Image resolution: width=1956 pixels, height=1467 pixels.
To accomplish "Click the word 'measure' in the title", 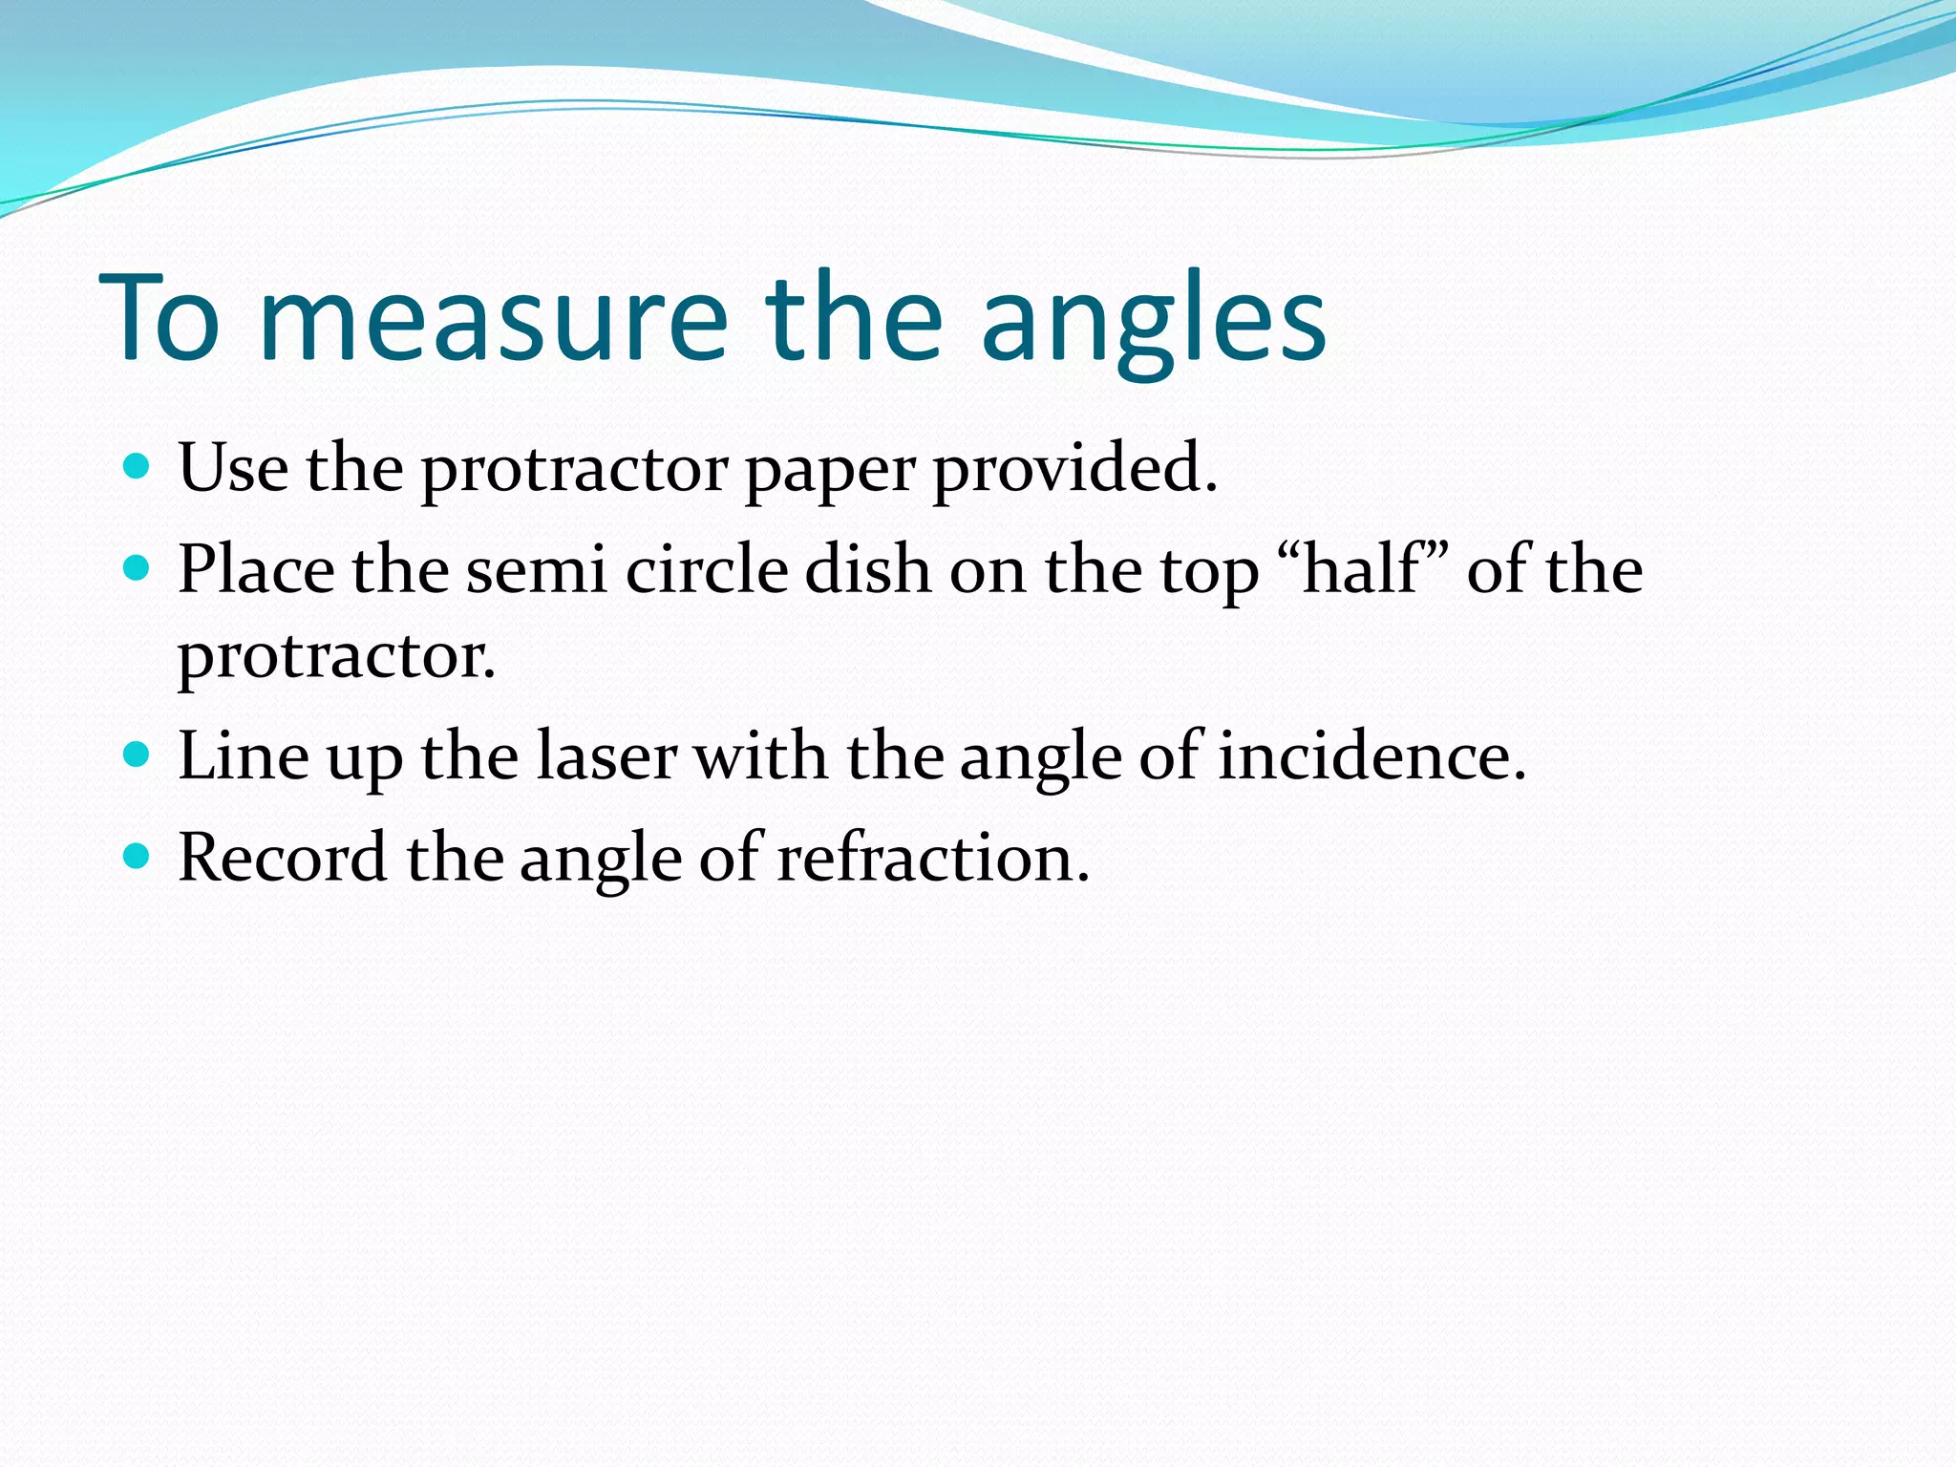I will (x=493, y=319).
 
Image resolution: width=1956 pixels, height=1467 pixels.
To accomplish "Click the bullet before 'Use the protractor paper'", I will (x=138, y=466).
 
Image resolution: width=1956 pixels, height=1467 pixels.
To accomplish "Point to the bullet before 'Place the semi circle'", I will (x=138, y=569).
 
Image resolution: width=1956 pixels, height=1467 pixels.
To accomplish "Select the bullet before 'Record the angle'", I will (x=138, y=856).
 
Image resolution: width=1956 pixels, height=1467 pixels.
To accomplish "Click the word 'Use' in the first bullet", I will (x=233, y=468).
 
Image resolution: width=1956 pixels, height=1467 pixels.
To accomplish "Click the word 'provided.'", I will (x=1075, y=468).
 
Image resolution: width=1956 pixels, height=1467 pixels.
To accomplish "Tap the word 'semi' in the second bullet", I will (x=536, y=570).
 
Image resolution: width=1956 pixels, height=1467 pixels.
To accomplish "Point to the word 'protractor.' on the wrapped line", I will (x=336, y=657).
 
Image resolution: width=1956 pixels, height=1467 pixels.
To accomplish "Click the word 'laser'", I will (x=606, y=756).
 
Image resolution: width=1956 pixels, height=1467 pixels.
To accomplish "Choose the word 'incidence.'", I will (x=1371, y=756).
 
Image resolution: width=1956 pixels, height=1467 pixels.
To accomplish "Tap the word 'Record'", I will (x=283, y=858).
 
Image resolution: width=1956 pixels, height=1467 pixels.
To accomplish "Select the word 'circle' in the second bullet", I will (x=707, y=570).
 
